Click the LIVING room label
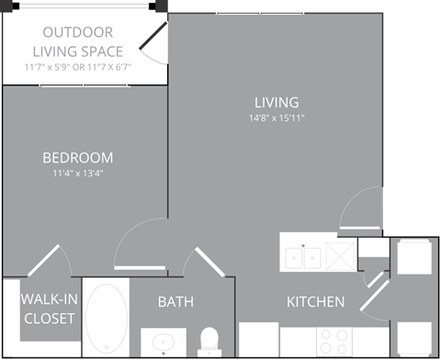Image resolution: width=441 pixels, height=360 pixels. coord(277,102)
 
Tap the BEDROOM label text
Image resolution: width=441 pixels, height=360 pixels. coord(78,157)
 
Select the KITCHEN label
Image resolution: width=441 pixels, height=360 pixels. coord(315,302)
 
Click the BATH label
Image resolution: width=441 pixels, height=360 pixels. coord(175,302)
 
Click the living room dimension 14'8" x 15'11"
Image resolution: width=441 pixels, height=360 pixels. coord(277,118)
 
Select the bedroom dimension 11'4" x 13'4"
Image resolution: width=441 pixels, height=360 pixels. coord(78,173)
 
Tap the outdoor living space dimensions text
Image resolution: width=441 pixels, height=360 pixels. coord(78,66)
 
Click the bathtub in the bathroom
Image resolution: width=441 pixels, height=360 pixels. coord(106,317)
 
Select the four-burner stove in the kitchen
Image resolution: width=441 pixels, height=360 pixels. coord(334,342)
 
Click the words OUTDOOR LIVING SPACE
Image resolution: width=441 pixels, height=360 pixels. coord(78,41)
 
